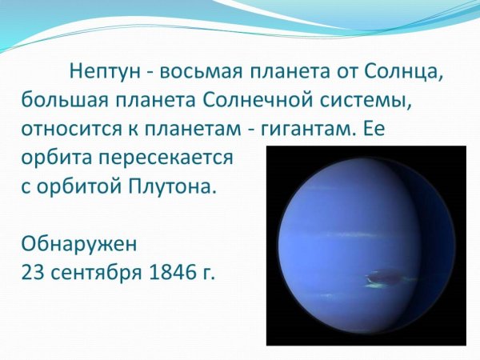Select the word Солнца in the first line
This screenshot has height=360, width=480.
pos(406,71)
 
